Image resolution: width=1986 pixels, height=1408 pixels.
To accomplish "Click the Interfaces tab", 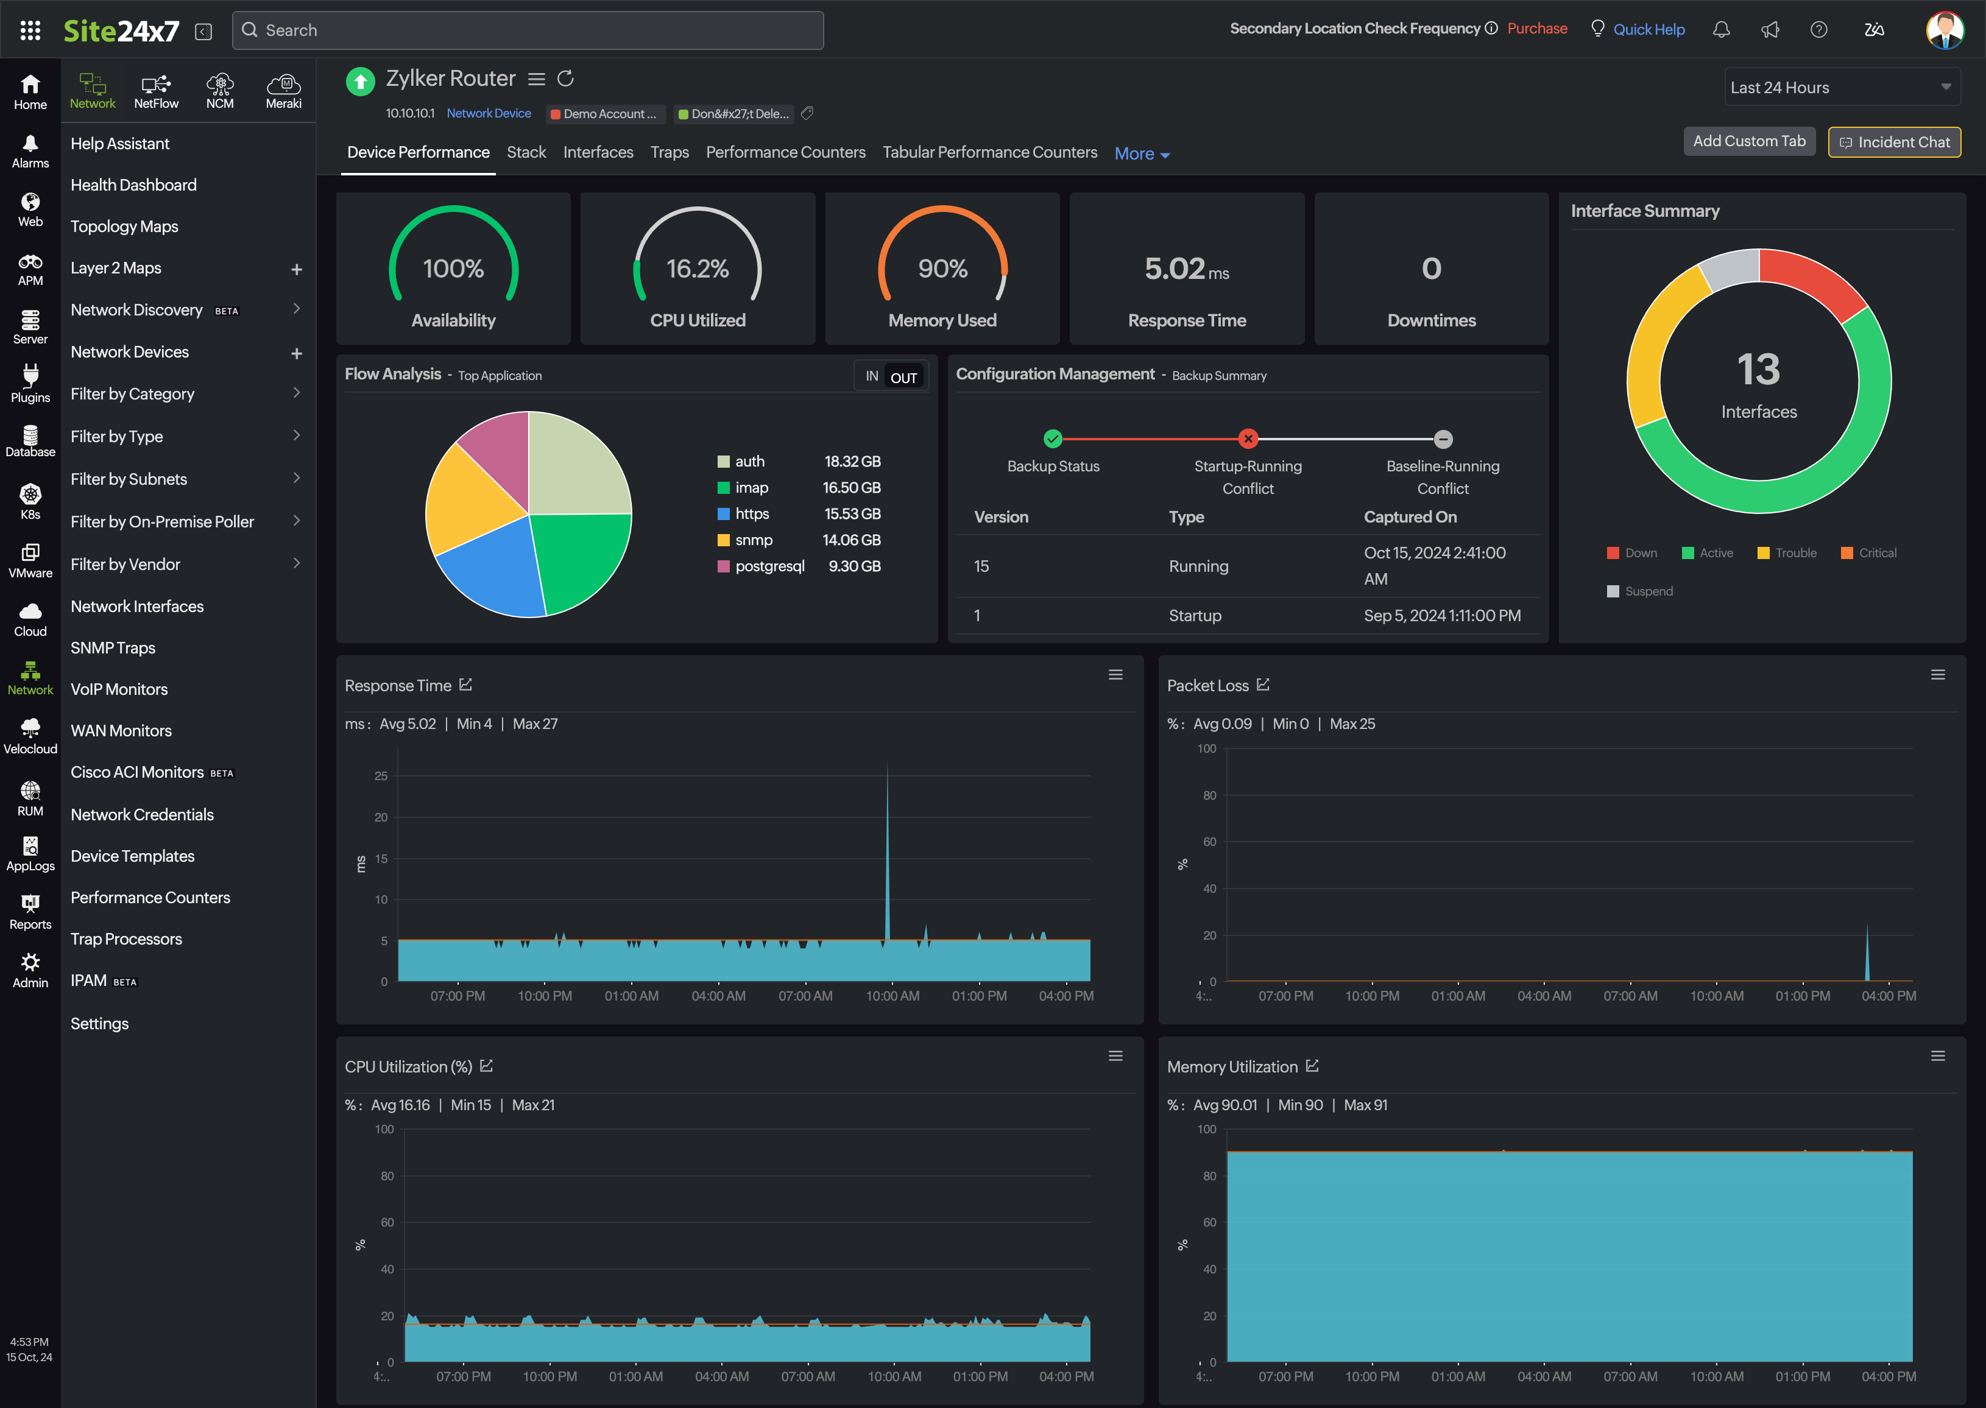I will [598, 153].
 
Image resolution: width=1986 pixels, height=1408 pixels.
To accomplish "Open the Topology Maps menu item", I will [124, 227].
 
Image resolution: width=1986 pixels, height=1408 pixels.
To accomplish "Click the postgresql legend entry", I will [769, 566].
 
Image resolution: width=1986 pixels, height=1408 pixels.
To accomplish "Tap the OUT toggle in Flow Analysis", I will [903, 377].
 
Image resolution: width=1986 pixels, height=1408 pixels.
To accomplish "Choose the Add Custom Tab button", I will [1748, 141].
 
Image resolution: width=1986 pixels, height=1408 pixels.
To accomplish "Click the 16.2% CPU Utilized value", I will [698, 269].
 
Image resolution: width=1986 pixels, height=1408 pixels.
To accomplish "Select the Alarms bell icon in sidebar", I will [30, 150].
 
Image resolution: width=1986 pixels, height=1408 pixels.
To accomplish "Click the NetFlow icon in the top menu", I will [156, 91].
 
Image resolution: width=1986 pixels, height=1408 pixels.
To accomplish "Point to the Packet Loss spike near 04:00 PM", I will [1867, 954].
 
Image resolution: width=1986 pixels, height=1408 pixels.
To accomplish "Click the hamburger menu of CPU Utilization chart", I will [1115, 1056].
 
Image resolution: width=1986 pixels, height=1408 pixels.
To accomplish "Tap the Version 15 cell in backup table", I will [981, 566].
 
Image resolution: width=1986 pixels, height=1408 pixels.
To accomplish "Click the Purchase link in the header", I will [1537, 29].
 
